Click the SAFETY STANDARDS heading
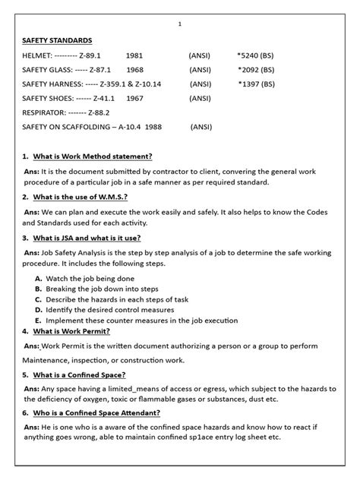click(x=57, y=39)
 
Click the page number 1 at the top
click(x=180, y=24)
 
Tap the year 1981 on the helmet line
click(x=134, y=55)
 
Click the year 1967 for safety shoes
click(x=135, y=98)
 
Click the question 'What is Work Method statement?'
click(x=93, y=156)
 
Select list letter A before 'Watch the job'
click(x=38, y=279)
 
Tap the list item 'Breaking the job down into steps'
click(x=103, y=289)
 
